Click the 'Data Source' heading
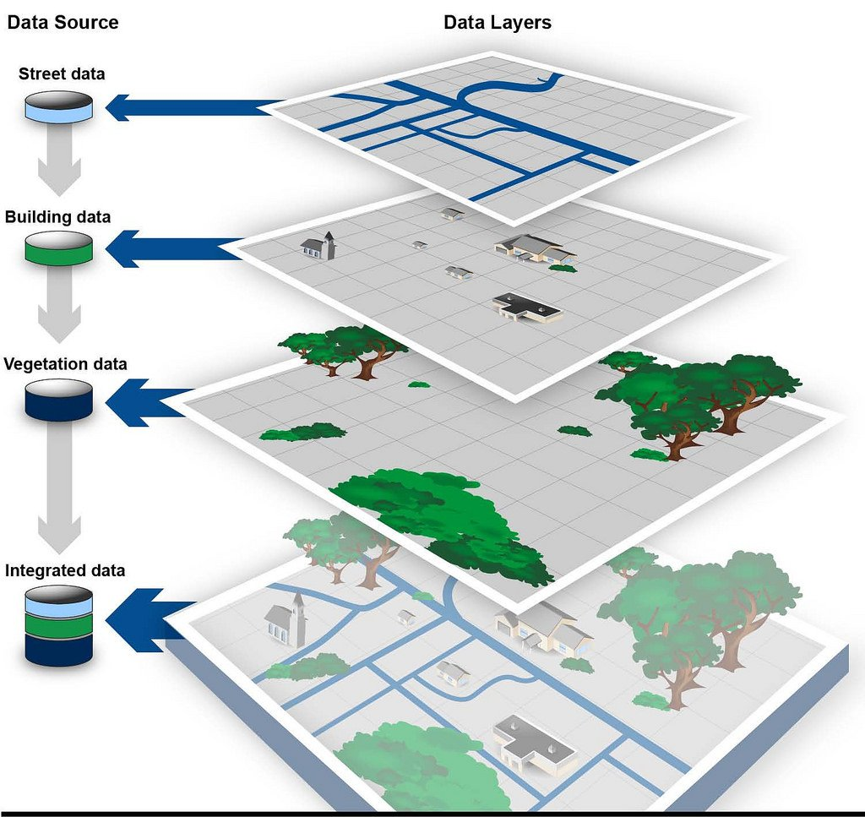pos(63,23)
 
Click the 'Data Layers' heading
pos(498,23)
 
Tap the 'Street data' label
pos(62,74)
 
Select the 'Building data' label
pos(57,217)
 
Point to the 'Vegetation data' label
pos(65,364)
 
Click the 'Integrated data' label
pos(65,570)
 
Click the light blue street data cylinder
pos(58,106)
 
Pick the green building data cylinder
pos(58,248)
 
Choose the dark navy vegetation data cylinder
pos(58,399)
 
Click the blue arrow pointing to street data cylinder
pos(190,107)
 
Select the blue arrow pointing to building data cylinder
pos(169,248)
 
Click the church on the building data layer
pos(319,246)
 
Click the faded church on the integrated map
pos(286,619)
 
